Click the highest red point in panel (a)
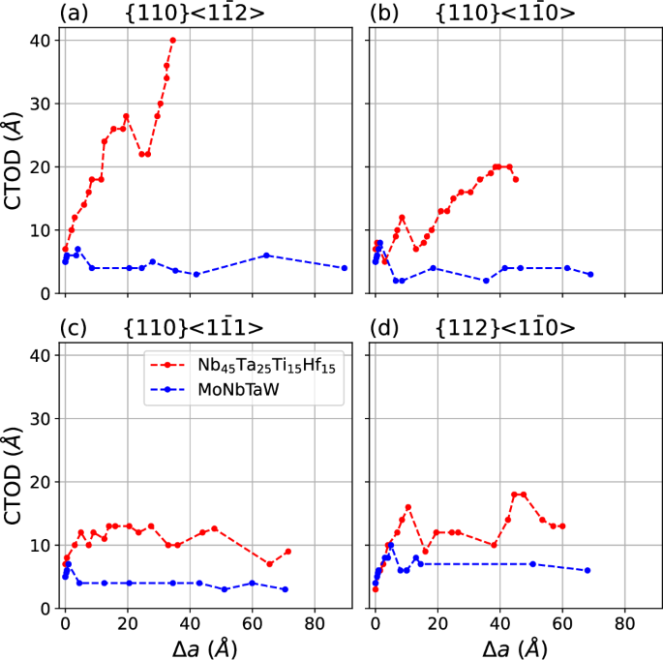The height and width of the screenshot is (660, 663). click(x=173, y=40)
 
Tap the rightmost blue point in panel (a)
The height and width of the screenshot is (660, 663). click(x=345, y=268)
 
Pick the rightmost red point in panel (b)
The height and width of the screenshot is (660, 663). click(x=516, y=179)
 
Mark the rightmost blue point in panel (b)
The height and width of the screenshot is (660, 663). click(x=590, y=275)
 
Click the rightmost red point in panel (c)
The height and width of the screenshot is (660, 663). click(x=288, y=552)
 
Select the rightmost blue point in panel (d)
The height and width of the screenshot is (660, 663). click(x=588, y=570)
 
